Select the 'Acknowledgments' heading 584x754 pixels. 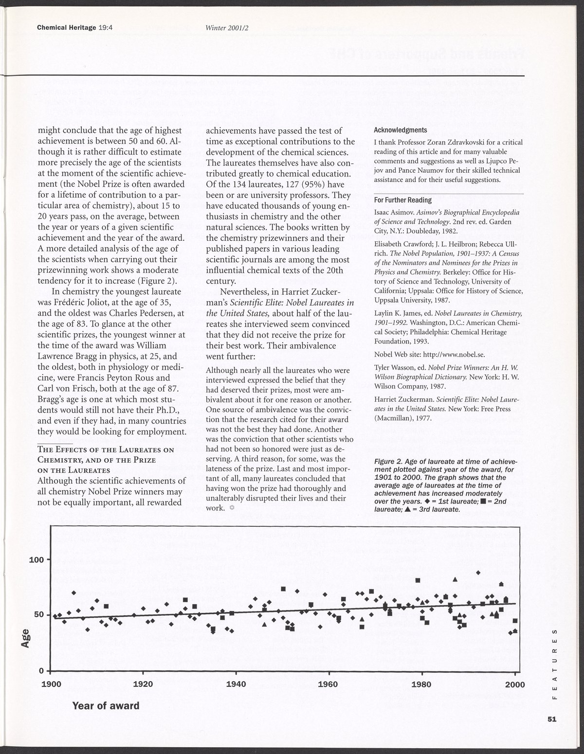pos(401,130)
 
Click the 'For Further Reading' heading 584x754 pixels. pos(402,200)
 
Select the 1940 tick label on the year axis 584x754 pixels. pos(236,684)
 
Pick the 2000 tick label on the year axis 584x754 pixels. pos(515,684)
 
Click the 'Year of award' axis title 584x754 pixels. pos(106,705)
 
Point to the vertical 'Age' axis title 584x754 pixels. pos(26,637)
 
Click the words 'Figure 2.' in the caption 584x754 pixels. pos(391,460)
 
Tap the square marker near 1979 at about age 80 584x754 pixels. pos(418,580)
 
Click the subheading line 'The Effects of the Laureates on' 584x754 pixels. pos(105,449)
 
